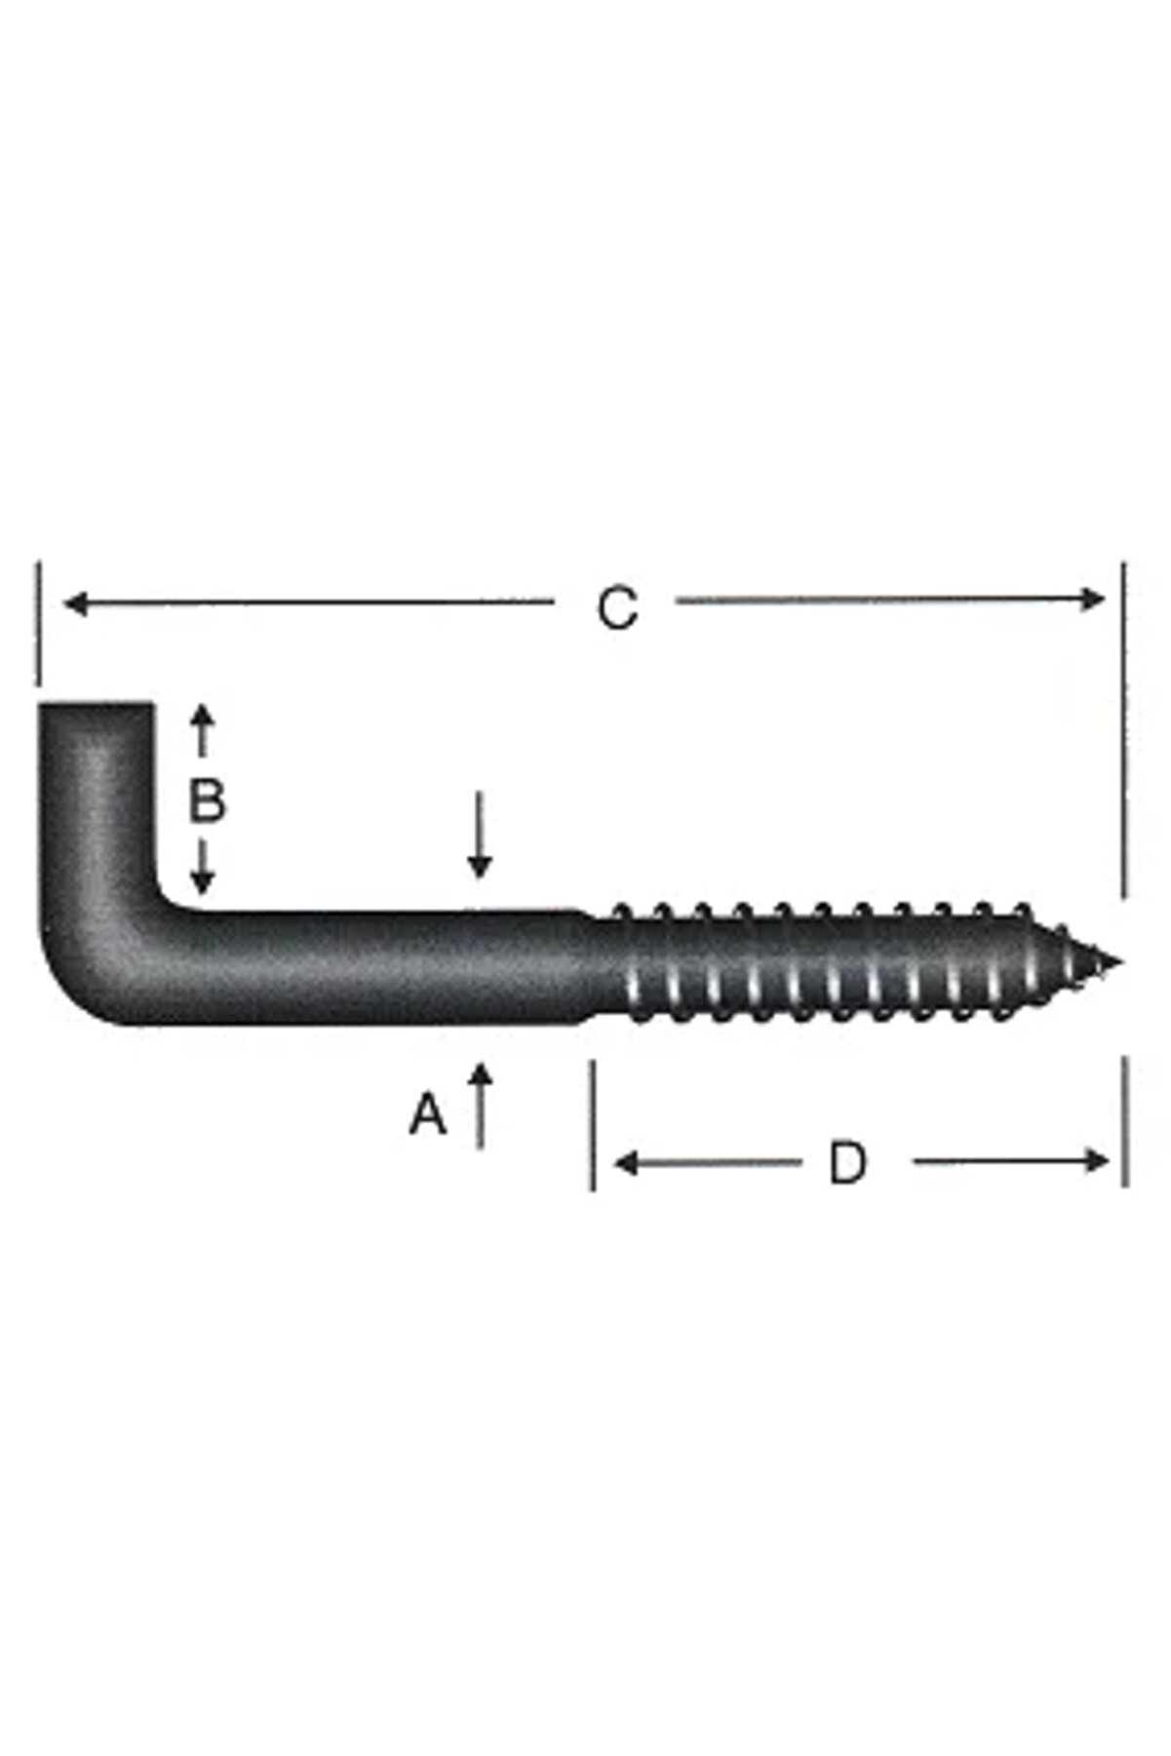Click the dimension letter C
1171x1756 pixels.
[x=616, y=608]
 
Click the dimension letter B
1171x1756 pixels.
[x=207, y=800]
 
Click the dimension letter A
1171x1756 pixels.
[x=427, y=1114]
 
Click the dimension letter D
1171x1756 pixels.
[x=847, y=1162]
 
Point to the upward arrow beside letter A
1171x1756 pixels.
[x=480, y=1102]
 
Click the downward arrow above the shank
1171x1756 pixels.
[x=479, y=839]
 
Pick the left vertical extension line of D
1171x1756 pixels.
[x=593, y=1126]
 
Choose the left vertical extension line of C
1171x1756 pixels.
[x=39, y=624]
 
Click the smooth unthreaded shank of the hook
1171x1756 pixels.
[x=390, y=965]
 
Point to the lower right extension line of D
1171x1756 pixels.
[x=1126, y=1121]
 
